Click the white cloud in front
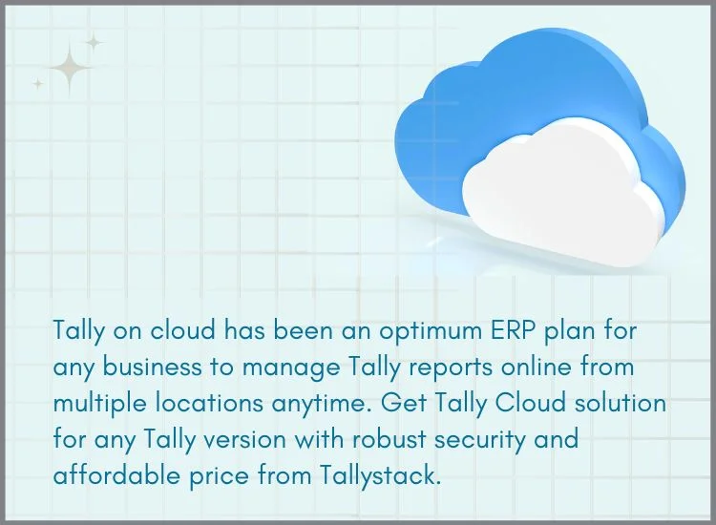[x=561, y=197]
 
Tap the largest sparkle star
[x=70, y=68]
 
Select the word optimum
[x=431, y=331]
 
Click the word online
[x=537, y=367]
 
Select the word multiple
[x=100, y=405]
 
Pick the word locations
[x=210, y=403]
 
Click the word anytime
[x=322, y=405]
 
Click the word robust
[x=389, y=439]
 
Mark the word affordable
[x=116, y=475]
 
